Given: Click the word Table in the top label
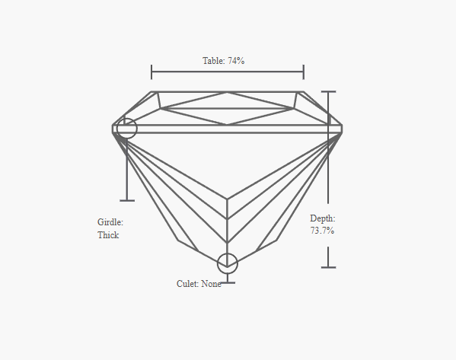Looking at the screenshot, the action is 213,61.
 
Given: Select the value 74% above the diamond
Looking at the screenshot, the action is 236,61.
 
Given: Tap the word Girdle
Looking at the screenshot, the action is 110,222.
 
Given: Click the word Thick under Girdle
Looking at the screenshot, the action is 108,235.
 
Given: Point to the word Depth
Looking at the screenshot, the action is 323,218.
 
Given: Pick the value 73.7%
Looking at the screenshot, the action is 322,231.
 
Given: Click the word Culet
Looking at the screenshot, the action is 187,284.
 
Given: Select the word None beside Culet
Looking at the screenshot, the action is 211,284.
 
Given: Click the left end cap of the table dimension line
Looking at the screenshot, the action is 151,72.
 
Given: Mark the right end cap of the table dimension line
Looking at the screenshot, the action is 304,72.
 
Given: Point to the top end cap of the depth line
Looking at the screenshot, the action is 329,91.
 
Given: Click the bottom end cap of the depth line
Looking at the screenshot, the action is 329,267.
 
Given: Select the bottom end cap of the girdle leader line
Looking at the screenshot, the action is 127,201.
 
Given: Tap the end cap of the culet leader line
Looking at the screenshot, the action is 228,282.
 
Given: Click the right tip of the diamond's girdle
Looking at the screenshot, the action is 342,129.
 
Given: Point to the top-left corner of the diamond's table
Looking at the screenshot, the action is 151,92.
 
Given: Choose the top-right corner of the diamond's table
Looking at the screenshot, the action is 304,92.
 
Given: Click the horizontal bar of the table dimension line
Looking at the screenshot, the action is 228,72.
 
